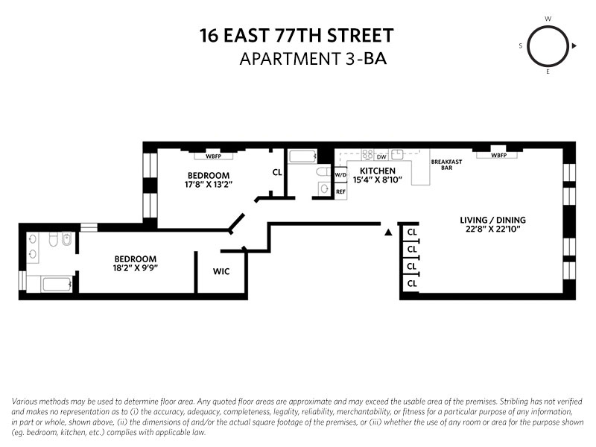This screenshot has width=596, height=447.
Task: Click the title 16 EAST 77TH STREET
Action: click(297, 35)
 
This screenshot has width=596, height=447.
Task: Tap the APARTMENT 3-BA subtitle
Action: click(313, 59)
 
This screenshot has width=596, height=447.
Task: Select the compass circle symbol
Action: click(548, 46)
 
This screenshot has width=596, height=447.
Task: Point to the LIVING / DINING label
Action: click(492, 220)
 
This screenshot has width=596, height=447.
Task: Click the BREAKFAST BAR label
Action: click(447, 165)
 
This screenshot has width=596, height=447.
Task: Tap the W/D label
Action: click(340, 176)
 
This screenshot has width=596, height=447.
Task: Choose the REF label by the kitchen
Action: click(340, 191)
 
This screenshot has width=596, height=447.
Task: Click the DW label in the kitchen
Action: click(381, 156)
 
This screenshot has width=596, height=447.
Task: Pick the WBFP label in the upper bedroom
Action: click(208, 156)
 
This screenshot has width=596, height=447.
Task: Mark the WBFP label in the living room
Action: click(504, 156)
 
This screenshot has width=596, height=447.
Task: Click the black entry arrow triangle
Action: click(387, 232)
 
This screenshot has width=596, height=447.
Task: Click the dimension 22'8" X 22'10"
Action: click(492, 229)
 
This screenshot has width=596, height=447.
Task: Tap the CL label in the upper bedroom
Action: click(277, 172)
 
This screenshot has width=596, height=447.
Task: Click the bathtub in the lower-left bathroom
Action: click(57, 284)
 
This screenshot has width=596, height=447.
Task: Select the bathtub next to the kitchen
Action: click(302, 157)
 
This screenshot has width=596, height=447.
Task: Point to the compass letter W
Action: click(548, 18)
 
